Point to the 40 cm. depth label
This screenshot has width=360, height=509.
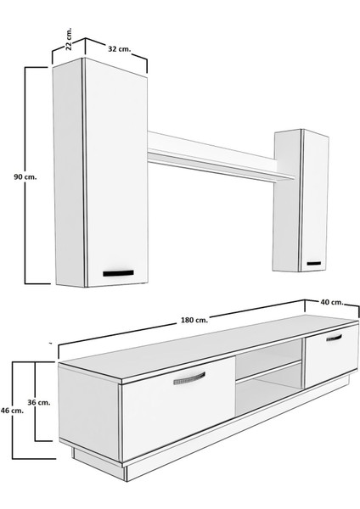(x=332, y=302)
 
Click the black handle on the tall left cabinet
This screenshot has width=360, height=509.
(x=119, y=273)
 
